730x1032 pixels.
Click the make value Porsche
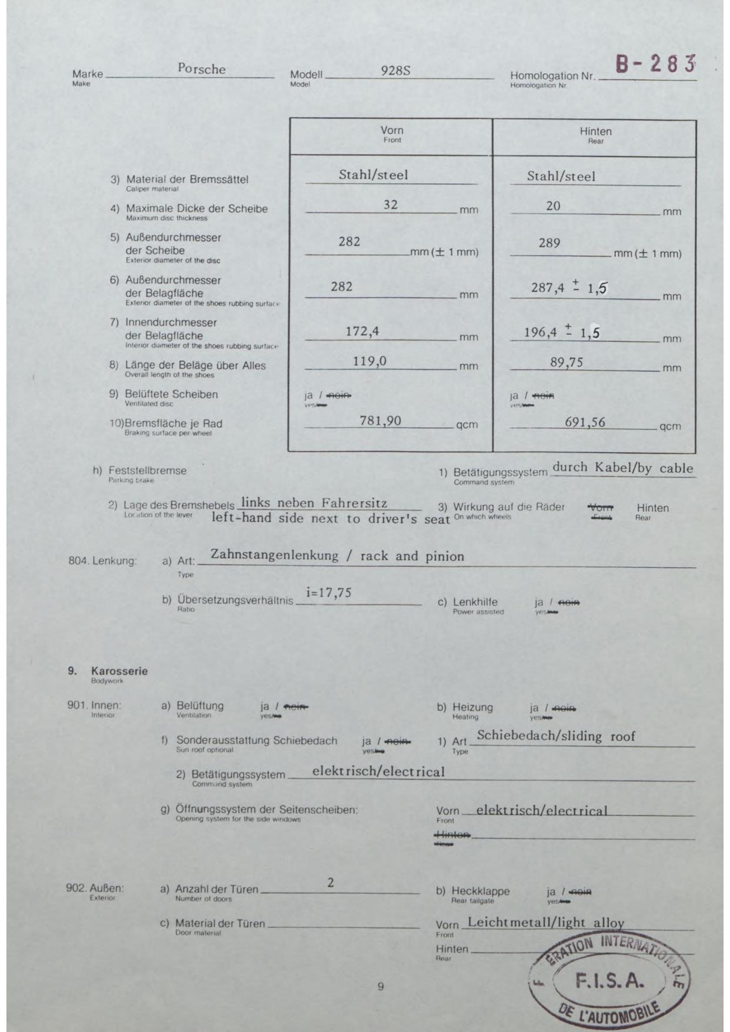coord(202,69)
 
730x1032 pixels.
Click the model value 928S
coord(395,71)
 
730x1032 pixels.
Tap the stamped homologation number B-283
coord(655,64)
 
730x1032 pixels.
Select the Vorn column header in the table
coord(392,131)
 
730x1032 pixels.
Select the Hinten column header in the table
coord(595,132)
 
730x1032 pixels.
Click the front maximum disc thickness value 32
coord(391,205)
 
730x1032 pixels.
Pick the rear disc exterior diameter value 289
coord(549,243)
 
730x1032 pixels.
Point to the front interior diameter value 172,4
coord(362,331)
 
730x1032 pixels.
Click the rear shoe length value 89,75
coord(566,362)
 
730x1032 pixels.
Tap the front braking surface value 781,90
coord(381,421)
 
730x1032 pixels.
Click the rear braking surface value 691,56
coord(585,422)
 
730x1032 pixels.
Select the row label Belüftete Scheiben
coord(171,394)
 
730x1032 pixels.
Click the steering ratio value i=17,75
coord(329,593)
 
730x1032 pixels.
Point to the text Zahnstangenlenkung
coord(275,555)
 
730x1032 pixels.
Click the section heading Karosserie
coord(119,671)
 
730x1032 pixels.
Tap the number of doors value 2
coord(331,883)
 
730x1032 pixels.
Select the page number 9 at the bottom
coord(381,987)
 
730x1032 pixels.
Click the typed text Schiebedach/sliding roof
coord(556,736)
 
